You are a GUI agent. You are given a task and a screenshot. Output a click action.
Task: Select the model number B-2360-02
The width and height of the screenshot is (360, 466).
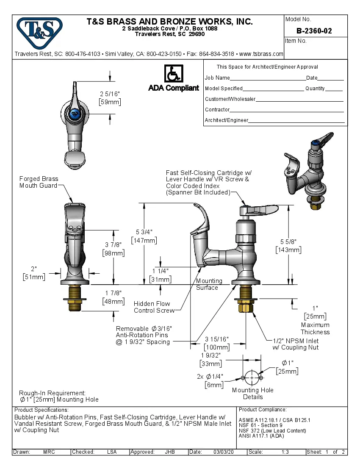coord(314,31)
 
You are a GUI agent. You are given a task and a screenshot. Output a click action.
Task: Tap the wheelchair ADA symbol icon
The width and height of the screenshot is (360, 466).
coord(173,73)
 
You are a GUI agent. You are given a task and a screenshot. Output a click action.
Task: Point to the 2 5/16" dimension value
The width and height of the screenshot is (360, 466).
coord(110,94)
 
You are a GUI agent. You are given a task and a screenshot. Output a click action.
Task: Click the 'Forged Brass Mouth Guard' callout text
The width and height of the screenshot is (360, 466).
coord(39,182)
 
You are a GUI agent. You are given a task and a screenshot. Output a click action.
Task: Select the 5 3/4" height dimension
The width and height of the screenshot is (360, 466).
coord(144,232)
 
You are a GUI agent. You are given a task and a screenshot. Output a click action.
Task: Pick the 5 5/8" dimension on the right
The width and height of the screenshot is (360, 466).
coord(288,241)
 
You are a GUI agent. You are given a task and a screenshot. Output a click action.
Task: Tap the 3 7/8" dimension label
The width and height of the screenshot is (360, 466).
coord(113,245)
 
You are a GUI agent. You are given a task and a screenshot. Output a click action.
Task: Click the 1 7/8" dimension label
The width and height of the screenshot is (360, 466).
coord(113,294)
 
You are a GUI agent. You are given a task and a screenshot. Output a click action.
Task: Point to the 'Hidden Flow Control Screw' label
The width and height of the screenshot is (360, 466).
coord(154,307)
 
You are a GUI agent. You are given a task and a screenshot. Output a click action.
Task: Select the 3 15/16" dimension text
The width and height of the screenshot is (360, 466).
coord(217,339)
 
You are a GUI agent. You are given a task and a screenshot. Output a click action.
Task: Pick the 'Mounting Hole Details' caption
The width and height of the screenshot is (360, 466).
coord(253,394)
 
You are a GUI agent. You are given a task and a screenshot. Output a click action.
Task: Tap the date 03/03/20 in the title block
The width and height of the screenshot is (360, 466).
coord(224,452)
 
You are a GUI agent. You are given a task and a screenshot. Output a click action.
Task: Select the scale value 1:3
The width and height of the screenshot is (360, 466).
coord(285,452)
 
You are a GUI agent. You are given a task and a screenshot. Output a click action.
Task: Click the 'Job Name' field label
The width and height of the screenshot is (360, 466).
coord(217,78)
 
